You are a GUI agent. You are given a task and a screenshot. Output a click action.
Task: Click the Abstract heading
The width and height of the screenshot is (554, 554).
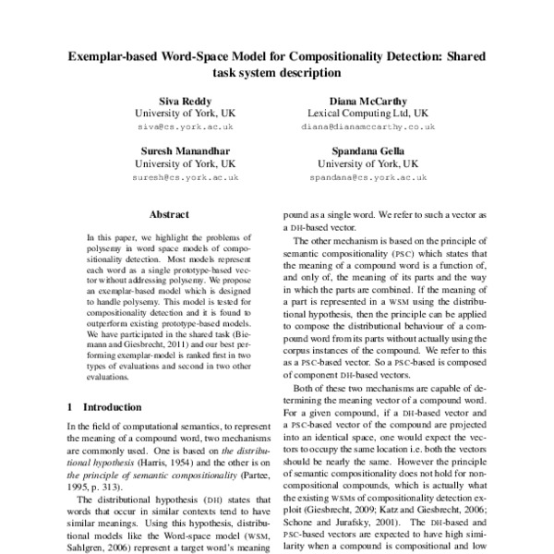(x=169, y=212)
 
